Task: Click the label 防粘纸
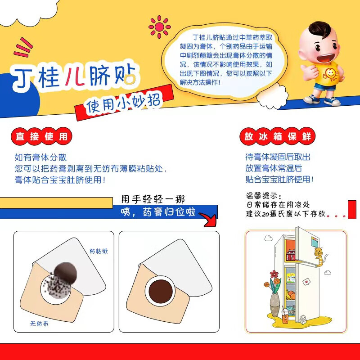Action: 99,251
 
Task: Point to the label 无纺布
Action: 39,323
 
